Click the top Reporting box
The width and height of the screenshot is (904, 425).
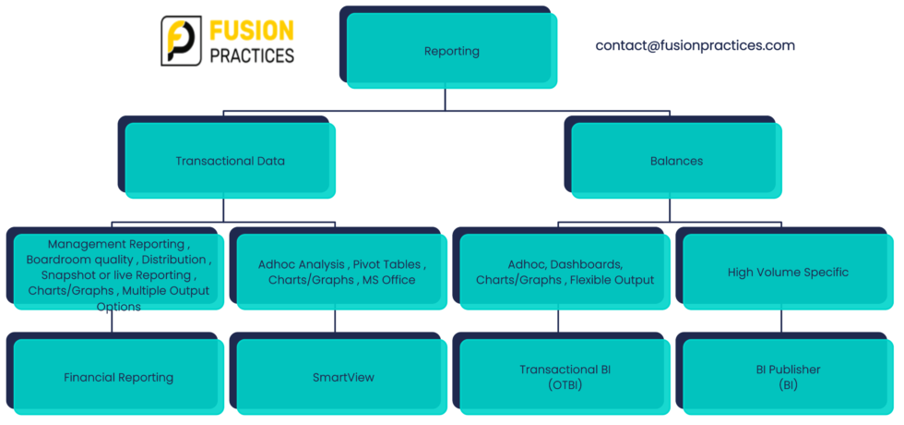[x=452, y=51]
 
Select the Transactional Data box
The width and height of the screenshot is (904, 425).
[x=230, y=161]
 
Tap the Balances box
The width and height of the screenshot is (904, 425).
[x=676, y=161]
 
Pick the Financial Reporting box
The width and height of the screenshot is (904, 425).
[x=119, y=377]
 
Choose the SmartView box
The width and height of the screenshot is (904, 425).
[x=342, y=377]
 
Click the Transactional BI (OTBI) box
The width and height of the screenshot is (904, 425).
[x=565, y=377]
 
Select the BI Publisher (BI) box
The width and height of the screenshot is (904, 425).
[x=788, y=377]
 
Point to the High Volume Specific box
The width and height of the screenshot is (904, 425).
[x=788, y=272]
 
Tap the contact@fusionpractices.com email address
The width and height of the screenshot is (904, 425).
[x=696, y=45]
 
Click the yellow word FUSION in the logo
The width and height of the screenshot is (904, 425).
[x=251, y=30]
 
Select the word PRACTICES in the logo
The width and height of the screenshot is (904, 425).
[x=252, y=55]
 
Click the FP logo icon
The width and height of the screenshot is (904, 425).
[x=181, y=41]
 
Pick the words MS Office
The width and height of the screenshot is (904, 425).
[x=391, y=280]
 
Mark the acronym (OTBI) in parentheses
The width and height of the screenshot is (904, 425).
[x=565, y=384]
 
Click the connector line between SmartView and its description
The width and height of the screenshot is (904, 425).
[x=335, y=322]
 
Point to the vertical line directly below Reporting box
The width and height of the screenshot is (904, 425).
[x=445, y=100]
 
